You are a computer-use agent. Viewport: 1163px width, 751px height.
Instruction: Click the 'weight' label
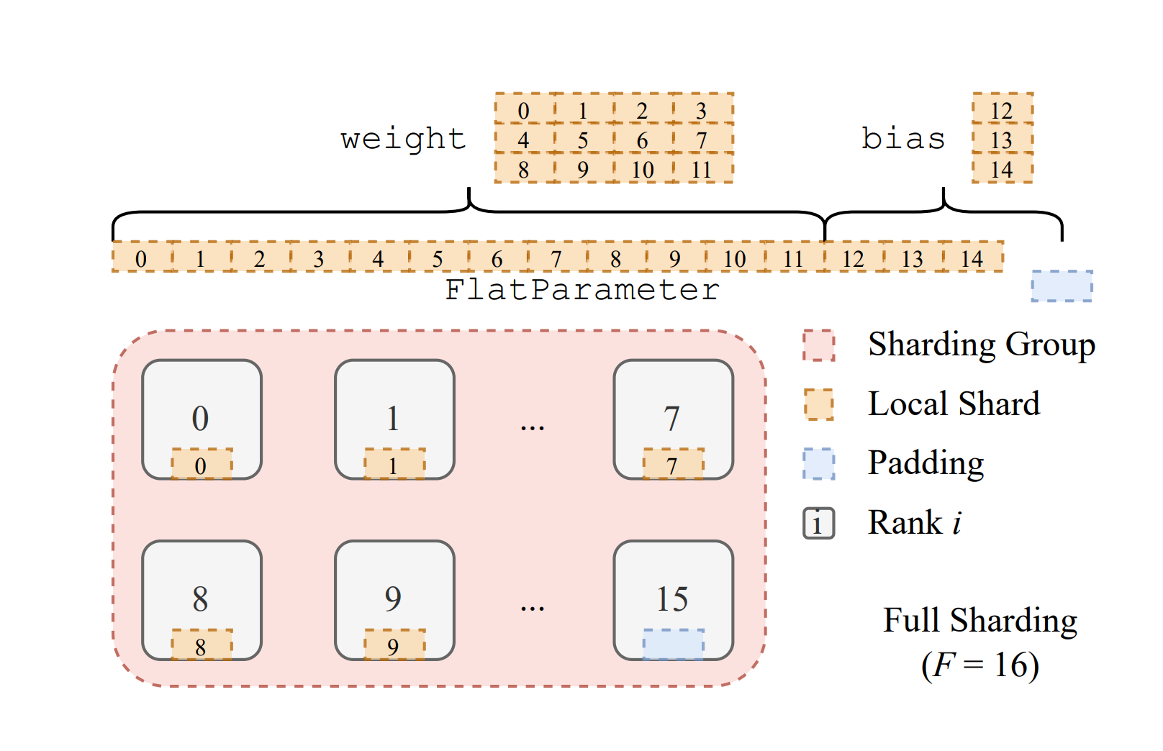pos(403,139)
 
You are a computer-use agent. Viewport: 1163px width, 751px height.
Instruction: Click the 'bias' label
pos(903,139)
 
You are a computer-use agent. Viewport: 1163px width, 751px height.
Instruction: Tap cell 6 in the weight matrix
pos(642,139)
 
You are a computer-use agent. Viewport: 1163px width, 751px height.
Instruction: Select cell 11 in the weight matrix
pos(702,169)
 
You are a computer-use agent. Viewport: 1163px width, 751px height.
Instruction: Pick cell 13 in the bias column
pos(1002,139)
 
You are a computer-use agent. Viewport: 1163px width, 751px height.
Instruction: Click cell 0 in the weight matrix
pos(524,109)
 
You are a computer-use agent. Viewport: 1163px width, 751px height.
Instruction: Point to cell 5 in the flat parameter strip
pos(438,258)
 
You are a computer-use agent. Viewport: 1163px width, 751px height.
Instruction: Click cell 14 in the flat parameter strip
pos(972,258)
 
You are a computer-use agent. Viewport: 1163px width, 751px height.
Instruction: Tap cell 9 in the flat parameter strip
pos(675,258)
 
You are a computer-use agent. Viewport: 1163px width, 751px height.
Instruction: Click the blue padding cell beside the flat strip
pos(1062,286)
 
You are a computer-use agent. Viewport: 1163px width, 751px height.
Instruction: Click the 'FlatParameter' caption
pos(581,290)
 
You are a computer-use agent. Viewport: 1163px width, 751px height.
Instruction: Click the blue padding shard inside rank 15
pos(673,644)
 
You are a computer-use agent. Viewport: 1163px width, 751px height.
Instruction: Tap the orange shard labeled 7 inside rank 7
pos(673,464)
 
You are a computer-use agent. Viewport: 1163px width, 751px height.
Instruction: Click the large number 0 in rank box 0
pos(201,419)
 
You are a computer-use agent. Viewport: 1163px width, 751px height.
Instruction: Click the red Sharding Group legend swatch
pos(819,345)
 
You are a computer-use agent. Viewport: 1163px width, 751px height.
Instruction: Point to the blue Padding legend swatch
pos(819,463)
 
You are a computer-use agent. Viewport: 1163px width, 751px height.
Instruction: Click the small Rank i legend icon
pos(819,523)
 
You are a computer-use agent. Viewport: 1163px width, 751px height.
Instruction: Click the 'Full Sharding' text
pos(979,620)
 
